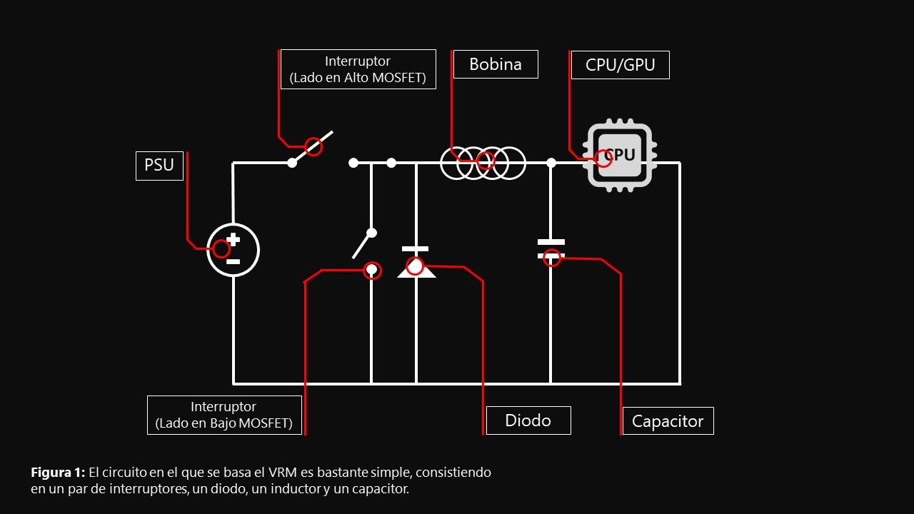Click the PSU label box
[159, 166]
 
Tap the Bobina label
[495, 64]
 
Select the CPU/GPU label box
[620, 65]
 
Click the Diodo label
[528, 420]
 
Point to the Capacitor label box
[668, 421]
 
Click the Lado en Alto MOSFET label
[358, 69]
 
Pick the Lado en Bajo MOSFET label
[224, 415]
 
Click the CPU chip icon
[620, 156]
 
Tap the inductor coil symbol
[483, 163]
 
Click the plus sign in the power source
[233, 240]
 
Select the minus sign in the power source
[233, 261]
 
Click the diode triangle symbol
[416, 270]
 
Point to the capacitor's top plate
[551, 242]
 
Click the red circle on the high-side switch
[313, 147]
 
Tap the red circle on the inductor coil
[486, 160]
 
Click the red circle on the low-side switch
[372, 270]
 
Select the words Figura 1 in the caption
[58, 473]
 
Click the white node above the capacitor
[551, 163]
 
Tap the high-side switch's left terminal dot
[292, 163]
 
